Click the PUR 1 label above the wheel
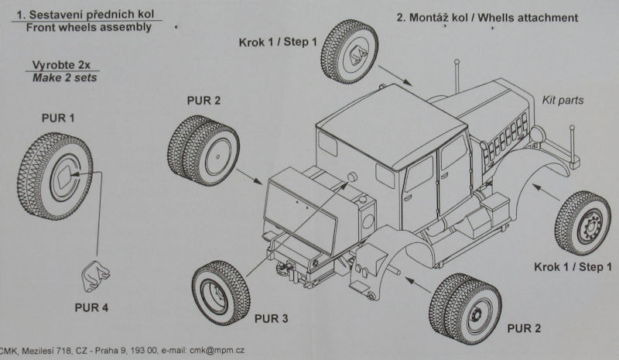click(58, 118)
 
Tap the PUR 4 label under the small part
click(91, 307)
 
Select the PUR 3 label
click(272, 318)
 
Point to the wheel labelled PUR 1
click(55, 177)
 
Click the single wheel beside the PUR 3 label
click(221, 293)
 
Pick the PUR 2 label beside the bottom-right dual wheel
click(524, 328)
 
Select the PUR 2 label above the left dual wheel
click(203, 101)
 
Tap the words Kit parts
click(563, 100)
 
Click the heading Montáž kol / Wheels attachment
click(487, 18)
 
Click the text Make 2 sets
click(65, 77)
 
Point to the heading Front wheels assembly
click(89, 27)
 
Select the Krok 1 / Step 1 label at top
click(278, 43)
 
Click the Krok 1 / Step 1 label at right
click(573, 267)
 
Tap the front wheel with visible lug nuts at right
click(583, 223)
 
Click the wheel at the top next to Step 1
click(350, 51)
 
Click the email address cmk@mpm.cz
click(217, 350)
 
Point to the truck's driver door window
click(420, 173)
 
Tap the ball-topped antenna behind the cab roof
click(457, 75)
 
